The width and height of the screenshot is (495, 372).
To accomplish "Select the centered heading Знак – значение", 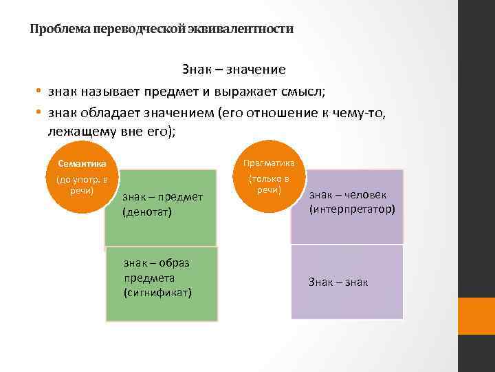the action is (234, 70).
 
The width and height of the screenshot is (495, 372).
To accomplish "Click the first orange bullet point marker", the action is (40, 92).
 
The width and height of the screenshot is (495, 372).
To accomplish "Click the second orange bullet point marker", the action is (40, 113).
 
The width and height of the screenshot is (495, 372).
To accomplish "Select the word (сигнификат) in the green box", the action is (157, 293).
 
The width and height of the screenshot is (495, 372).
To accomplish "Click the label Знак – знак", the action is (338, 282).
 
